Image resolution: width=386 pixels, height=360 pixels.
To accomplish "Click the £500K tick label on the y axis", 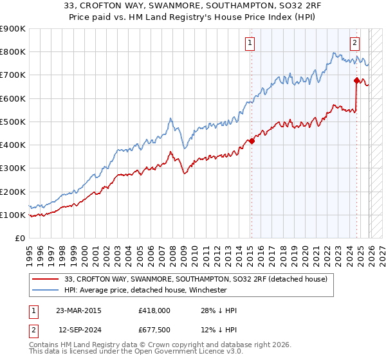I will click(13, 122).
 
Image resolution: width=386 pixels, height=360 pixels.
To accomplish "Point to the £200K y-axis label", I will click(13, 192).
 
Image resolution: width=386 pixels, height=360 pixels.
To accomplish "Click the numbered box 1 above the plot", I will click(249, 43).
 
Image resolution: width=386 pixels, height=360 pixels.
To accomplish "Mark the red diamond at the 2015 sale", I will click(252, 141).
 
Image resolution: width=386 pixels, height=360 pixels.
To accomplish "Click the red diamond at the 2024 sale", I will click(356, 80).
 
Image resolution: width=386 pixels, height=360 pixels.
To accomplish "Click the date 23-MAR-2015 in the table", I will click(78, 310).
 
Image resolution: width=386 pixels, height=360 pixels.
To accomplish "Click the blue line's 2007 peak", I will click(170, 118).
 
